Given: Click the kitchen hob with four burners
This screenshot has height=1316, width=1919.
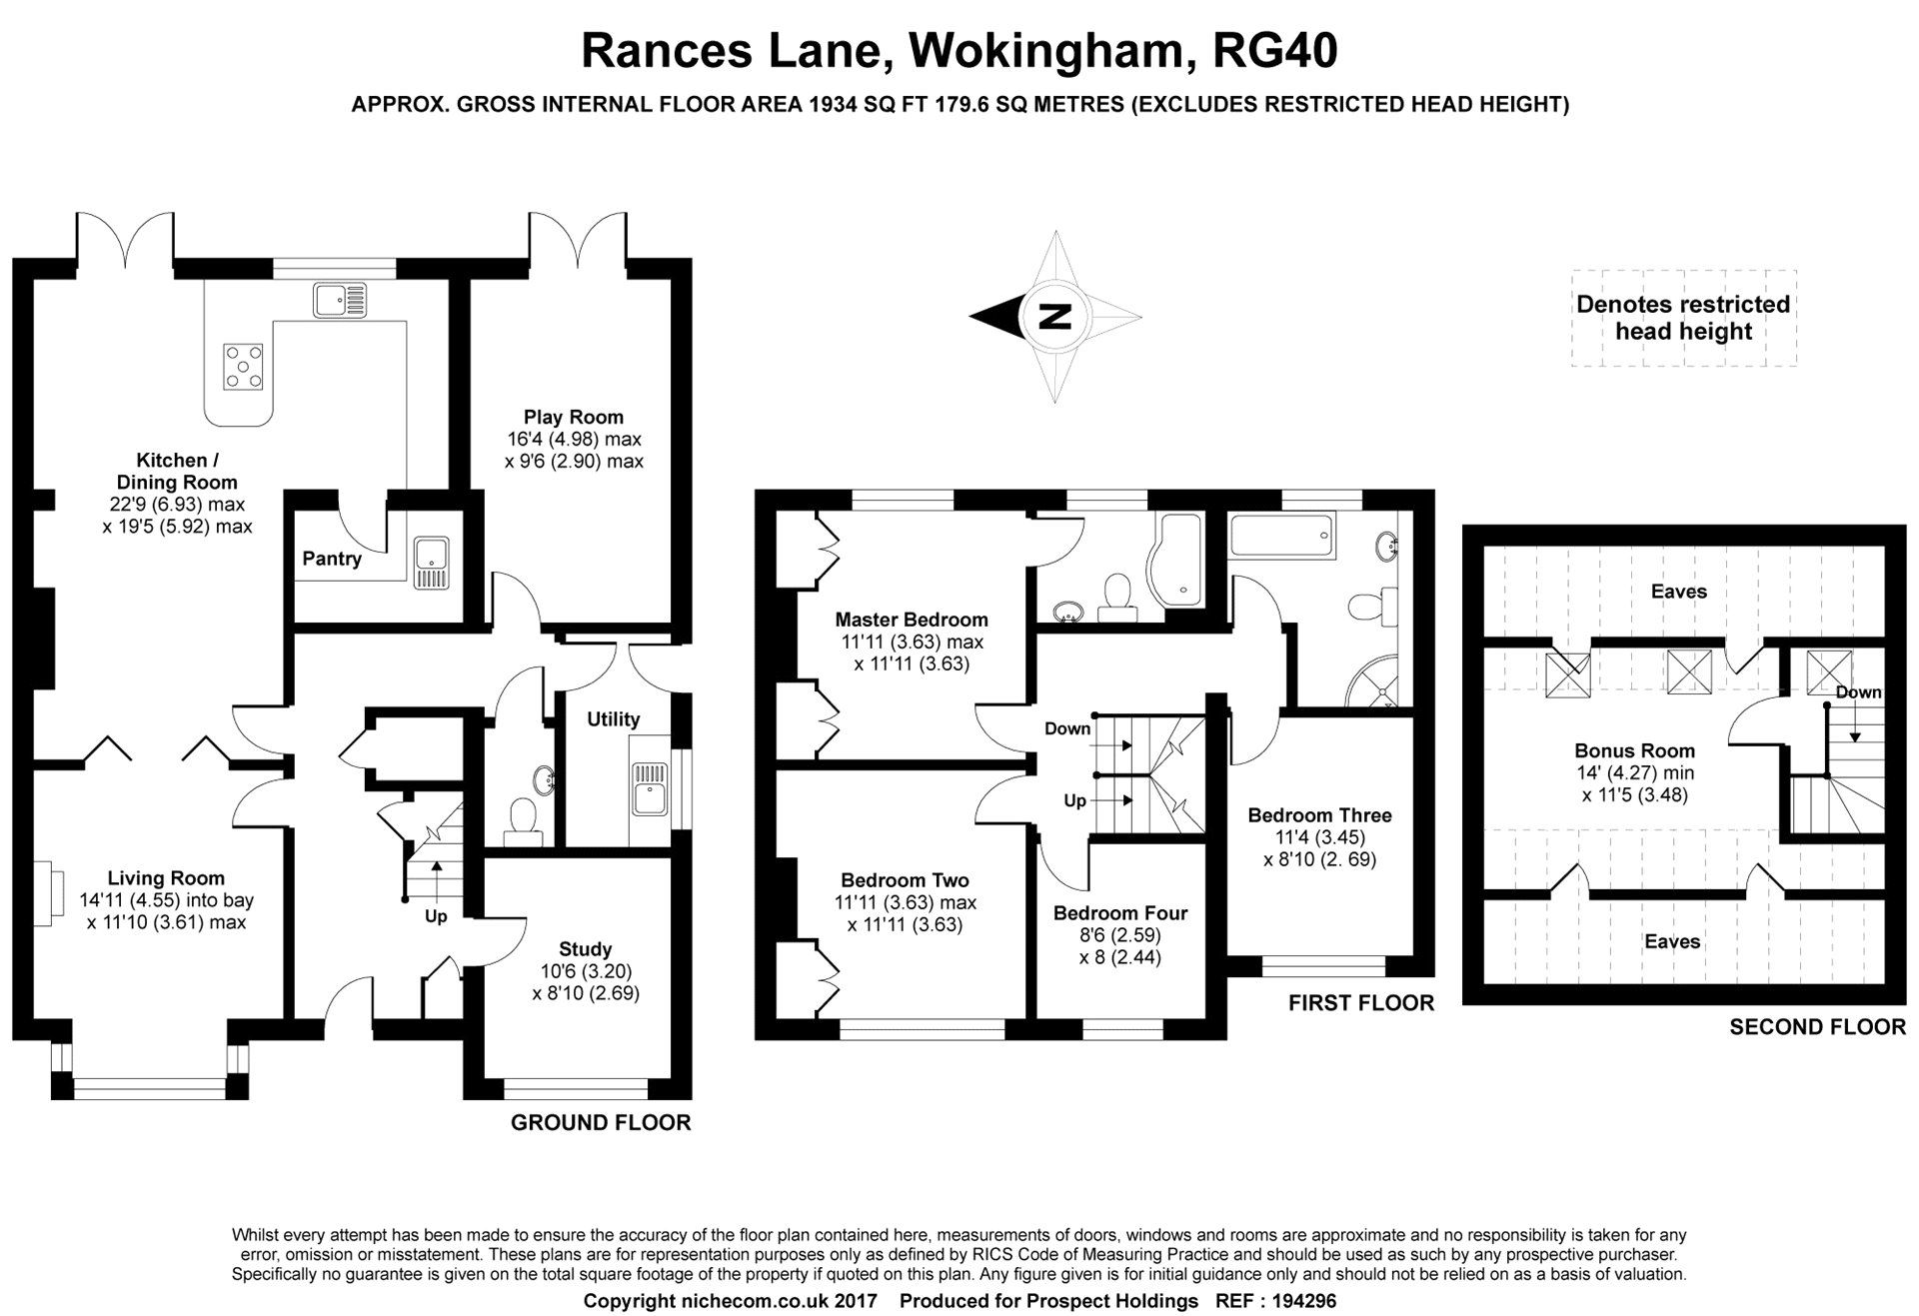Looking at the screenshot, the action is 244,366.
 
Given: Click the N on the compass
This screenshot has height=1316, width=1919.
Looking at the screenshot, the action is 1054,316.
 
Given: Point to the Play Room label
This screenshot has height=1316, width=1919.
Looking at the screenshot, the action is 574,417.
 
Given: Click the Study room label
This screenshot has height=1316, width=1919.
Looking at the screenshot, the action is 586,948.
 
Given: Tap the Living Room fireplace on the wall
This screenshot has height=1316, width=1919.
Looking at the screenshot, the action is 44,892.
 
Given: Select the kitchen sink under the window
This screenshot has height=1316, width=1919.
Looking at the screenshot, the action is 340,300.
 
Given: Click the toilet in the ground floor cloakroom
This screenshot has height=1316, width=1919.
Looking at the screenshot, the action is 523,817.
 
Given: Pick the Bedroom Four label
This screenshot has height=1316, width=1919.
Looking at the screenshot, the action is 1120,912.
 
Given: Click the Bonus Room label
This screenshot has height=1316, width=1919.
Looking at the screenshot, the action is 1635,750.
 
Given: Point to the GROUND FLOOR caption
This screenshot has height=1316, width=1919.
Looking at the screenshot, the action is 601,1122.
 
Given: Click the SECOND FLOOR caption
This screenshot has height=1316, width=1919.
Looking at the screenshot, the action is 1817,1026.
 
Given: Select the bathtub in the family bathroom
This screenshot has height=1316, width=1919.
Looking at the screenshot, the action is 1282,538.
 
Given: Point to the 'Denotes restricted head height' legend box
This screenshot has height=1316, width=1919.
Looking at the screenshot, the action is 1683,318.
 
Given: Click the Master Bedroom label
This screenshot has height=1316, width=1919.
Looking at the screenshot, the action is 912,620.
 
